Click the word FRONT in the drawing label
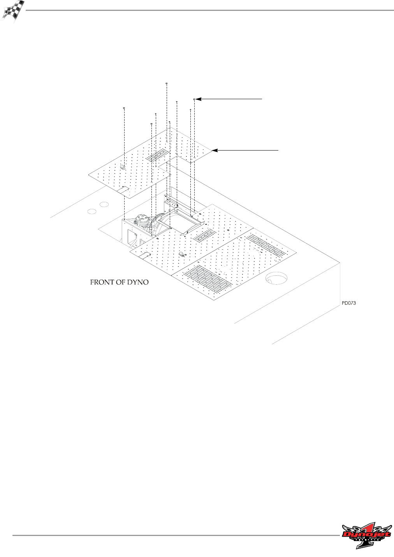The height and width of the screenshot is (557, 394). click(x=102, y=282)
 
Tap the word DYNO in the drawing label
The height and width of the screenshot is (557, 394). click(x=138, y=282)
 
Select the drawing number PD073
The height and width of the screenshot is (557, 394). click(x=349, y=303)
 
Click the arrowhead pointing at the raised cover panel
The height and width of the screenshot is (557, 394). click(x=215, y=150)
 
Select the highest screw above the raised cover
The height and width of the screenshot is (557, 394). click(x=167, y=84)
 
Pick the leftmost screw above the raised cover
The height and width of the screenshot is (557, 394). click(x=123, y=108)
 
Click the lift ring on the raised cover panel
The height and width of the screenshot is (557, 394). click(x=122, y=167)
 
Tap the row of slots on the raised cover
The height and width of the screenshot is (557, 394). click(x=158, y=156)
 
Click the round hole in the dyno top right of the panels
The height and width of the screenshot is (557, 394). click(x=276, y=278)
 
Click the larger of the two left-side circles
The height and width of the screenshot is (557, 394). click(x=104, y=204)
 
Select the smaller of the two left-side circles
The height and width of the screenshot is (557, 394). click(x=91, y=211)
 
